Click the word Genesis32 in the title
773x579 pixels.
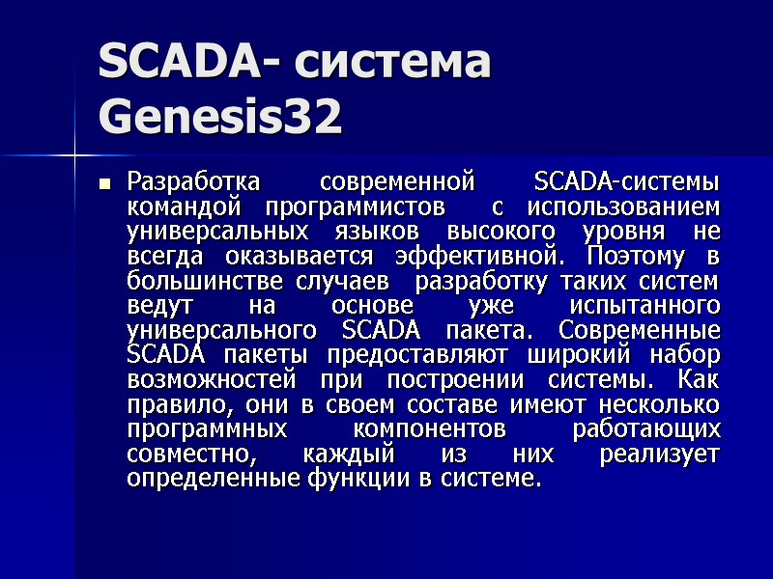tap(220, 118)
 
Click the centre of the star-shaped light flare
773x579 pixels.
tap(73, 153)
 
